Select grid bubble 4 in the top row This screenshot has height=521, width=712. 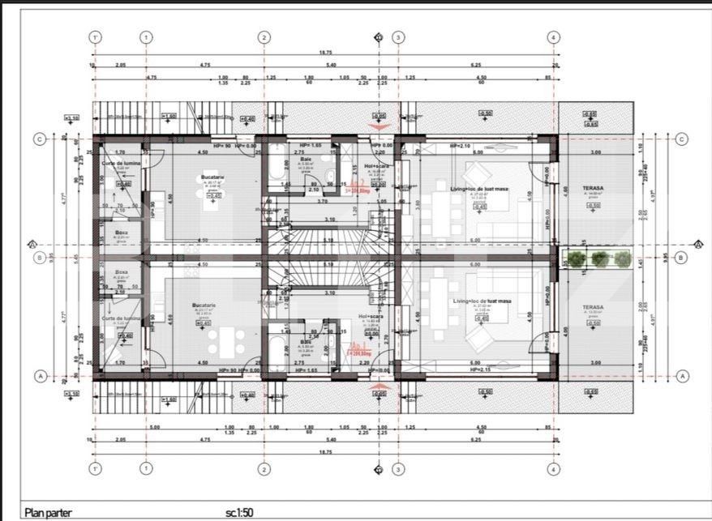tap(553, 37)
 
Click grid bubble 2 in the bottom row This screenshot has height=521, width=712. tap(264, 468)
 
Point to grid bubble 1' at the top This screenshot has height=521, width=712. tap(96, 37)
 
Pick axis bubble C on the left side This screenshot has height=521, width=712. tap(39, 139)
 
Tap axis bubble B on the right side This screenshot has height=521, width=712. tap(681, 258)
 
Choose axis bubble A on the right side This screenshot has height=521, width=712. tap(681, 376)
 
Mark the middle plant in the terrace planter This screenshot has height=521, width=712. tap(598, 258)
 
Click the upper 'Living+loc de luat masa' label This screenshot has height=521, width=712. tap(479, 187)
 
